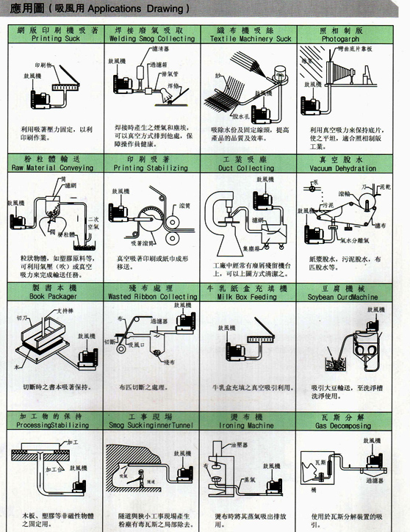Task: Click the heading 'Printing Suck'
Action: (57, 38)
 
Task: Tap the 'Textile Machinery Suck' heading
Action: (253, 38)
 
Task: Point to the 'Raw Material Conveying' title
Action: (57, 168)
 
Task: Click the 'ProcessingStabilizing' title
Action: (55, 425)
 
